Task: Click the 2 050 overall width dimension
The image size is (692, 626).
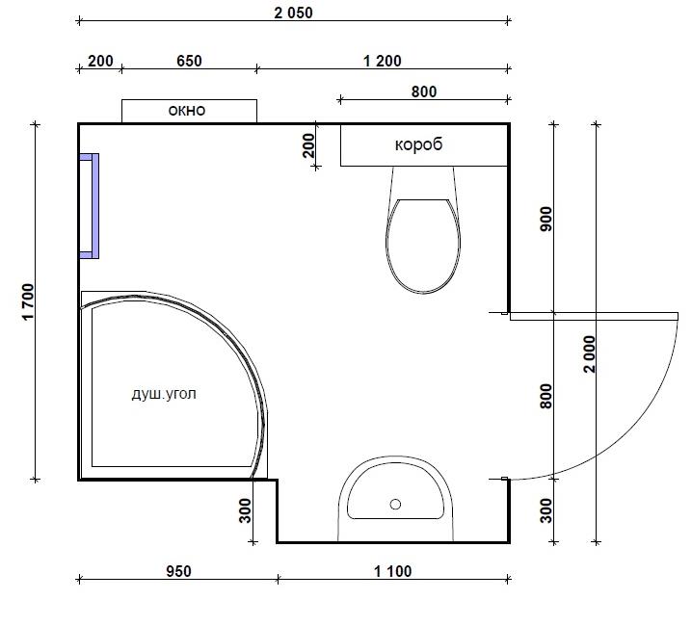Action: click(293, 13)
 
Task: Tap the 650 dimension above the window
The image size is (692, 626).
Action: click(189, 61)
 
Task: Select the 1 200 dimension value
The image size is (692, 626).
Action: click(383, 61)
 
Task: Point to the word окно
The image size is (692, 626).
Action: click(187, 111)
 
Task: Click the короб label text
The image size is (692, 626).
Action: click(418, 144)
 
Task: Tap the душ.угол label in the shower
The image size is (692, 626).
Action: click(164, 394)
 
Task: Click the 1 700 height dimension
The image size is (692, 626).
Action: click(28, 301)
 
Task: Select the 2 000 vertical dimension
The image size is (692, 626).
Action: click(590, 353)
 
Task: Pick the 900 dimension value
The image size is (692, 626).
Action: click(546, 219)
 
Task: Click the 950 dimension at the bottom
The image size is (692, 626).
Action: click(178, 571)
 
